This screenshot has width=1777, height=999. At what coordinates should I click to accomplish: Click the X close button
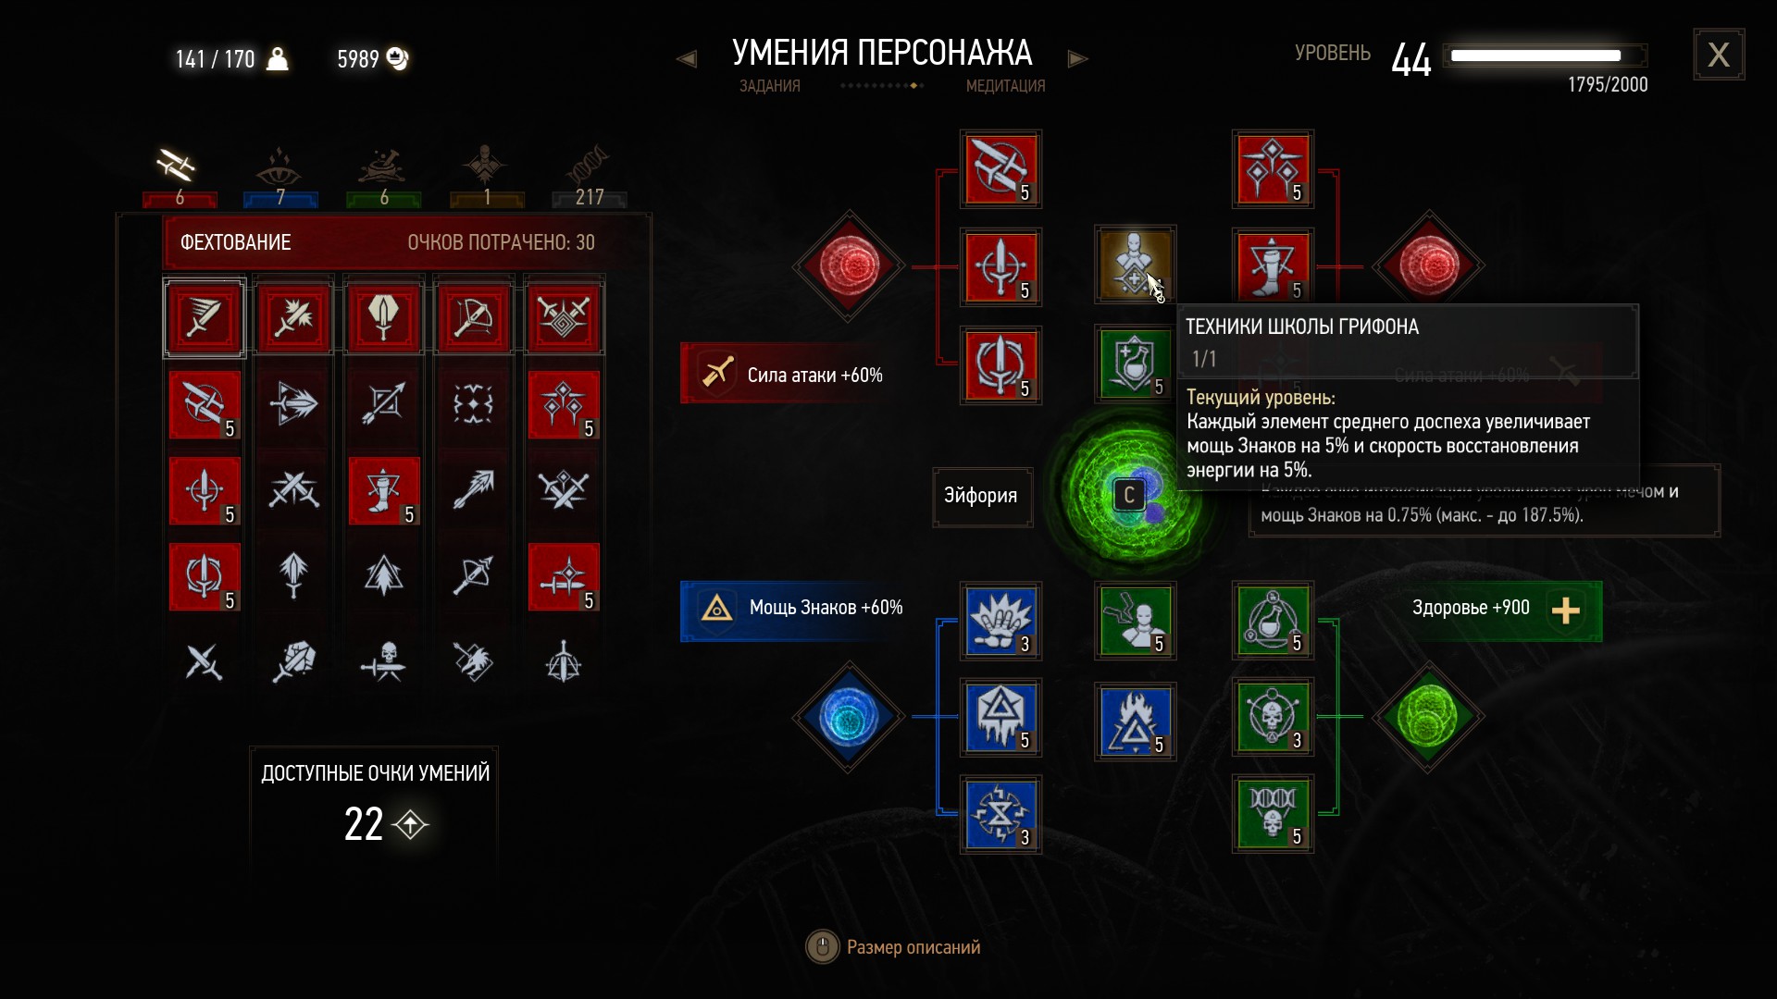(x=1719, y=55)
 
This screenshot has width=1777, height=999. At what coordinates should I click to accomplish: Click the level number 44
(x=1411, y=60)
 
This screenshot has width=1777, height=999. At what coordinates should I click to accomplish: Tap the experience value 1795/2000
(x=1608, y=85)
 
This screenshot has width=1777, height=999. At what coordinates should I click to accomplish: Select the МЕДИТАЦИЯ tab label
(x=1005, y=86)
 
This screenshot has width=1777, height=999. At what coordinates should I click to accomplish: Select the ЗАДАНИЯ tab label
(x=770, y=86)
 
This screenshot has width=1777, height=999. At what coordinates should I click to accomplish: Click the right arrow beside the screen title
(x=1077, y=59)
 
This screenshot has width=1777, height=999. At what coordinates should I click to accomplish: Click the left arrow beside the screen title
(x=687, y=59)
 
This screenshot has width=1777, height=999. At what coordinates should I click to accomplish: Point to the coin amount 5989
(x=358, y=60)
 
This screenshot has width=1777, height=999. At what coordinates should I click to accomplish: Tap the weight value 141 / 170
(x=215, y=60)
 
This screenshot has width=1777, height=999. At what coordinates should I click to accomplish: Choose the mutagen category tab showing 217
(x=589, y=176)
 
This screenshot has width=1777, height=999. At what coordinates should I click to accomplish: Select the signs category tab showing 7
(x=280, y=176)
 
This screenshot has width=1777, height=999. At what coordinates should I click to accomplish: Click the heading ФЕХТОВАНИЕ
(x=235, y=242)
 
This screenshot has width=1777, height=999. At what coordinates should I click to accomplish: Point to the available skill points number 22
(x=363, y=824)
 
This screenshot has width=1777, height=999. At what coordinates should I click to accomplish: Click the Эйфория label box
(x=981, y=496)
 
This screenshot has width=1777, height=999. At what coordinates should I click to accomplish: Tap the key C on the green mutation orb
(x=1129, y=496)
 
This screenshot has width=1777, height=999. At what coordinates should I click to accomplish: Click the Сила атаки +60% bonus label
(x=814, y=376)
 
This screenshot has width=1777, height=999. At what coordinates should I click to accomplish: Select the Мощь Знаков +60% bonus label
(x=826, y=608)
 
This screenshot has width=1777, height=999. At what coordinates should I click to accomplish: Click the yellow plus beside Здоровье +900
(x=1565, y=610)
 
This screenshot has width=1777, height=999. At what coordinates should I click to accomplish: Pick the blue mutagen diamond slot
(x=848, y=717)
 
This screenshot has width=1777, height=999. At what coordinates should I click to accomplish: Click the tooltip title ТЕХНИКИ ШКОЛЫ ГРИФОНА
(x=1302, y=327)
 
